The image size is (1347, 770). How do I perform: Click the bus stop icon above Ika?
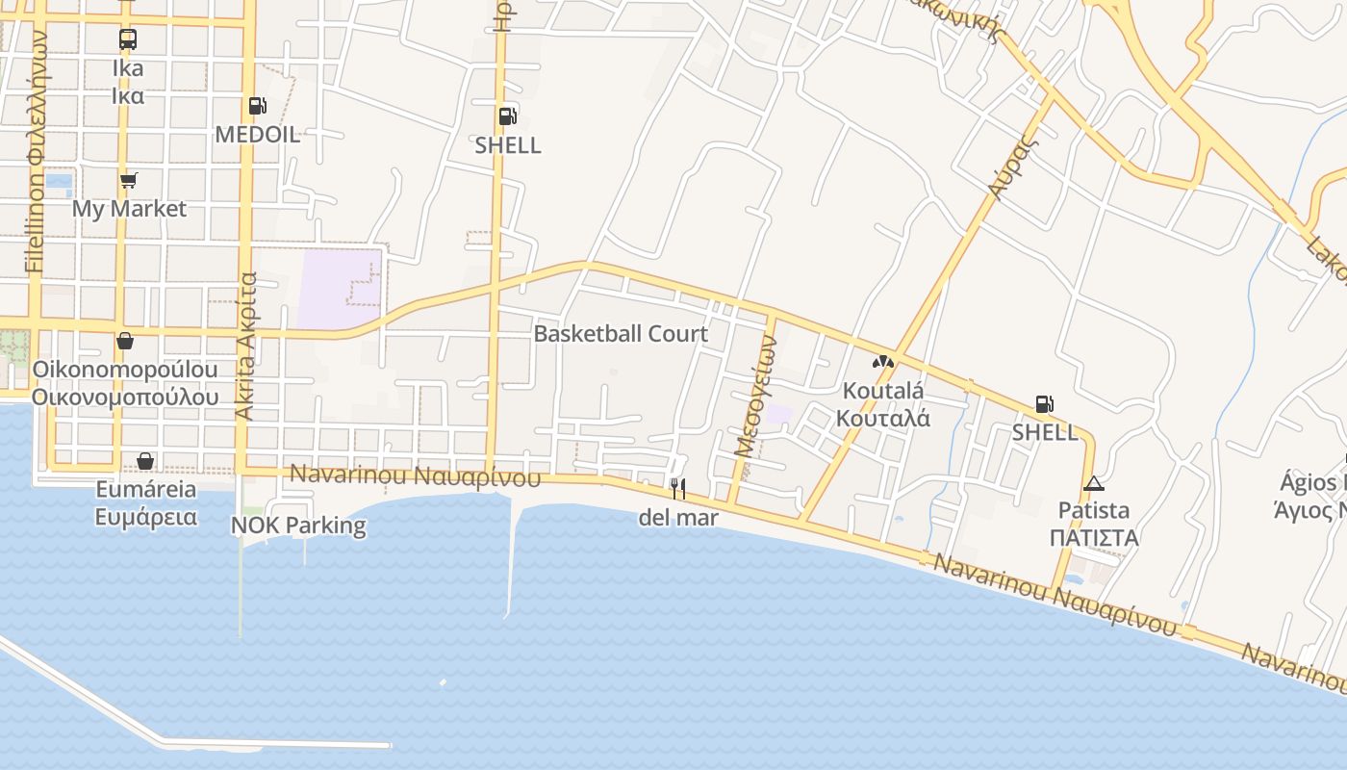[128, 39]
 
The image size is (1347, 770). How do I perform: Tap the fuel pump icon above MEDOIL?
[257, 106]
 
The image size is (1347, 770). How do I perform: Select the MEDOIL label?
[258, 135]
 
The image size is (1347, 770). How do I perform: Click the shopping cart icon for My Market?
[129, 181]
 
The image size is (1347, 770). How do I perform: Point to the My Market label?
[129, 209]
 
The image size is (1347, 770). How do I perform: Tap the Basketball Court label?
[621, 334]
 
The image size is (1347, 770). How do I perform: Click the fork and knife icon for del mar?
[678, 489]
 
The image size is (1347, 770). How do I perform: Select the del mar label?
[678, 518]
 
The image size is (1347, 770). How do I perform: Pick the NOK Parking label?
[298, 526]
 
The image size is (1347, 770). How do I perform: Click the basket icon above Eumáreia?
[145, 462]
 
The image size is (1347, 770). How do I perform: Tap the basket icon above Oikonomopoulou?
[125, 341]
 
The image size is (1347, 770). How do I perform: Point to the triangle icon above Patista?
[1093, 483]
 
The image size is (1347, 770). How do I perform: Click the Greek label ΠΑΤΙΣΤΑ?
[1094, 537]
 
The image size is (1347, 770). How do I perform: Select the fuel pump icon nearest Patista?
[1045, 404]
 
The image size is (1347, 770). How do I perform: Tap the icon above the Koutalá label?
[882, 363]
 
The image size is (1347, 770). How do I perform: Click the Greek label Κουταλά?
[882, 418]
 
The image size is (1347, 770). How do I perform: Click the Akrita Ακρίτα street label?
[246, 346]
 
